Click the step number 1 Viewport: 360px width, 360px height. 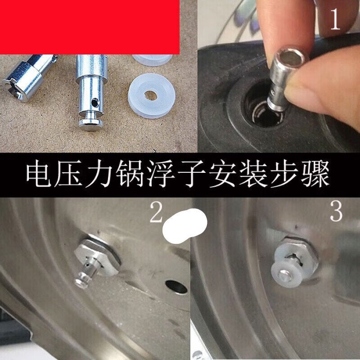coord(335,21)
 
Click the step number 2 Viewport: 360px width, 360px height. coord(156,214)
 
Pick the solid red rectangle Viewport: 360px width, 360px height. coord(90,27)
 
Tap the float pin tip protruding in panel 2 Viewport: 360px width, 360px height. coord(82,280)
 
